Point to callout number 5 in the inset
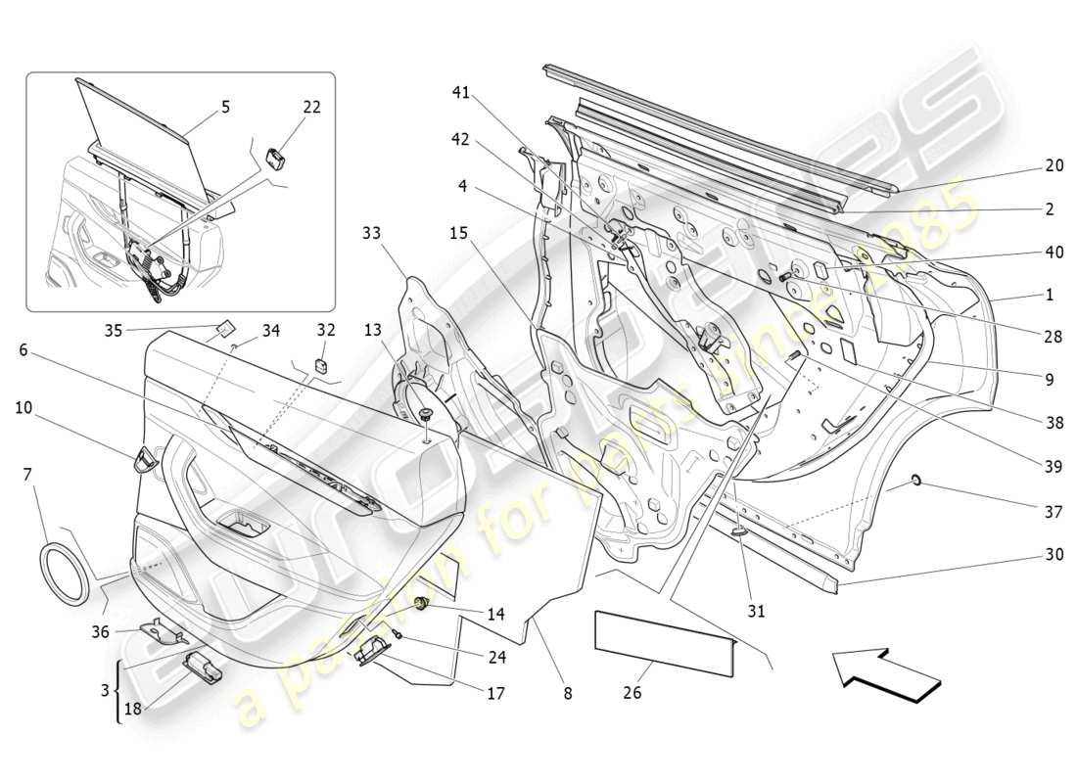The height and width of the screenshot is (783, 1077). (226, 107)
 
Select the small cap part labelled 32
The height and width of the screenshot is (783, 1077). (321, 366)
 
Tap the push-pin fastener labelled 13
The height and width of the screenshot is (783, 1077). (427, 416)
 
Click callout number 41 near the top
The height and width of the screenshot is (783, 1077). (461, 93)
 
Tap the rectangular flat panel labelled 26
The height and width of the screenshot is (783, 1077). (664, 642)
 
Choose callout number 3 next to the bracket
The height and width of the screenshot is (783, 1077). (104, 690)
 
